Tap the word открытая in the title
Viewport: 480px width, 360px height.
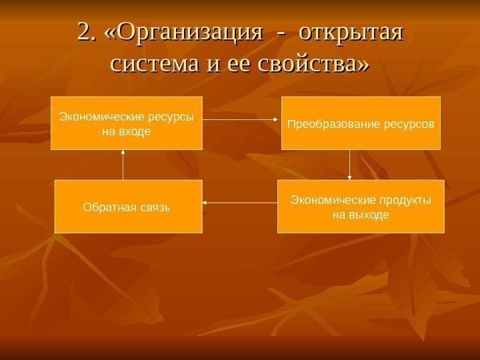point(352,32)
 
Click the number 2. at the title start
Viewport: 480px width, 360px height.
point(87,32)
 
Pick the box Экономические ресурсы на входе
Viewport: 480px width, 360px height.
point(127,123)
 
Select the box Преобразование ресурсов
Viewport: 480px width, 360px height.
point(361,123)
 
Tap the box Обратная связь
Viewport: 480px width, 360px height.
point(128,206)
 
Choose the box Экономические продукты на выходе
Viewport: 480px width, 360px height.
point(361,206)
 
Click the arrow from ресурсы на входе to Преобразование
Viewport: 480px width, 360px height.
point(241,120)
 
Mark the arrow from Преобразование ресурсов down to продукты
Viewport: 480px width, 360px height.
point(349,165)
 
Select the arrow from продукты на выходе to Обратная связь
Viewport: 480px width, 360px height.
point(239,201)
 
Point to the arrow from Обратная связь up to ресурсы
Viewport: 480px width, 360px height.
point(123,165)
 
